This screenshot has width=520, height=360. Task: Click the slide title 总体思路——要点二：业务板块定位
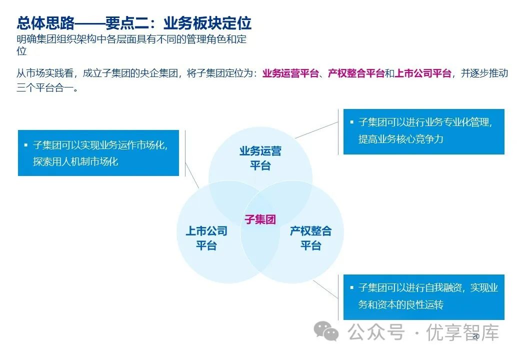[x=134, y=23]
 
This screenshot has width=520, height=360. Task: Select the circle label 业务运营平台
[x=260, y=158]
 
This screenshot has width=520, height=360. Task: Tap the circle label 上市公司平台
[x=206, y=238]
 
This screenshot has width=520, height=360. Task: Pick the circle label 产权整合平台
[x=310, y=238]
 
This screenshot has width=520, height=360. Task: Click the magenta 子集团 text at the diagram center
[x=260, y=219]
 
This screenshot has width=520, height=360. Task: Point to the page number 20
[x=475, y=336]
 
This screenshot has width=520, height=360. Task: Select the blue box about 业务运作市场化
[x=98, y=153]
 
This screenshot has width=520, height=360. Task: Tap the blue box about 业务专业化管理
[x=423, y=131]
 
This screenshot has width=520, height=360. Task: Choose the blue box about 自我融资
[x=423, y=297]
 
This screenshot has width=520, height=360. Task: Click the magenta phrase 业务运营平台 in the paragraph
[x=290, y=73]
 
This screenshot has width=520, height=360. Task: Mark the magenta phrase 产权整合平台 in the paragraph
[x=356, y=73]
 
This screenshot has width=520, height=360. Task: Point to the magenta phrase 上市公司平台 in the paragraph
[x=422, y=73]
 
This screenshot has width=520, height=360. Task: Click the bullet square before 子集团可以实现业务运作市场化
[x=26, y=145]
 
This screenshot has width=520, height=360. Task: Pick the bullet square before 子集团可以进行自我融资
[x=351, y=288]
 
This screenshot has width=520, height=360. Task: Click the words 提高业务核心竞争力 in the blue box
[x=400, y=139]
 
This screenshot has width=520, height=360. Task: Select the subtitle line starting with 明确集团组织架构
[x=131, y=39]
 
